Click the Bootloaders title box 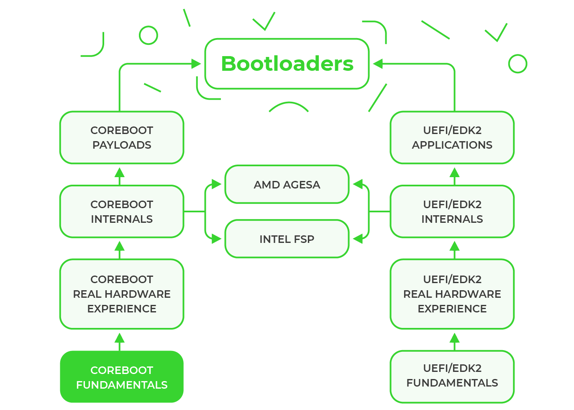[x=287, y=64]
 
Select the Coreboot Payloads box [x=122, y=137]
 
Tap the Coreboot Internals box [x=122, y=211]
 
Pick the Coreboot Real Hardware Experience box [x=122, y=294]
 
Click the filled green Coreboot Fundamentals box [x=122, y=377]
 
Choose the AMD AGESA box [x=287, y=184]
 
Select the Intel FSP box [x=287, y=239]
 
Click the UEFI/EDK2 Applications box [x=452, y=137]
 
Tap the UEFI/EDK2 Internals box [x=452, y=211]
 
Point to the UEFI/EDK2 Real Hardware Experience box [x=452, y=294]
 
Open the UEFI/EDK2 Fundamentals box [x=452, y=376]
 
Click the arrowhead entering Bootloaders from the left [x=196, y=64]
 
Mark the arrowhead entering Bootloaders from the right [x=378, y=64]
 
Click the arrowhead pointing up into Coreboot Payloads [x=120, y=173]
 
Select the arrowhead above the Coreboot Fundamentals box [x=120, y=338]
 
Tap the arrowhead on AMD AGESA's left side [x=216, y=184]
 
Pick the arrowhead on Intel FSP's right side [x=358, y=239]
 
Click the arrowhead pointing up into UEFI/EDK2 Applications [x=455, y=173]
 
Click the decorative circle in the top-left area [x=149, y=35]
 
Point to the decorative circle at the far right [x=518, y=64]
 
